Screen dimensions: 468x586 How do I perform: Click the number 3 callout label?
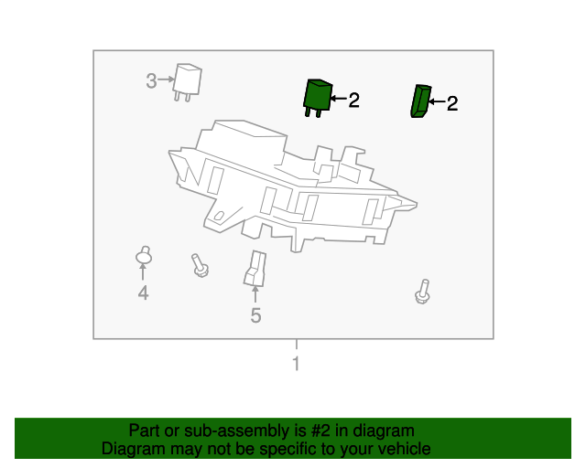click(x=151, y=80)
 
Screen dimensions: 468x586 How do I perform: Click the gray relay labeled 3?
click(x=189, y=81)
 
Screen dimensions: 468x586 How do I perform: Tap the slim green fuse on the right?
click(x=419, y=101)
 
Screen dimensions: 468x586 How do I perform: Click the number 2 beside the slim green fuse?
click(x=451, y=103)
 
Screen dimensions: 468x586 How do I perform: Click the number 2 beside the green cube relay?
click(x=353, y=100)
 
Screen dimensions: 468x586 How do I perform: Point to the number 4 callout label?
click(x=143, y=292)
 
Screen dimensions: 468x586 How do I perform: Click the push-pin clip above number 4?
click(x=143, y=256)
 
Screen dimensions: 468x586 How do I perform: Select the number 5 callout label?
click(x=255, y=316)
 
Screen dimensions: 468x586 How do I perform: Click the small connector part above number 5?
click(x=255, y=269)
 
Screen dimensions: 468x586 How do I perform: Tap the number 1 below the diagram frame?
click(x=295, y=365)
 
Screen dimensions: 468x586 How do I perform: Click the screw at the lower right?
click(x=422, y=292)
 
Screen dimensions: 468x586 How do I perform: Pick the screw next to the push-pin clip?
click(x=200, y=265)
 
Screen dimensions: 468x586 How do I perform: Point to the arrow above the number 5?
click(x=255, y=294)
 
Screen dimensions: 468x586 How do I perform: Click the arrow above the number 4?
click(x=143, y=273)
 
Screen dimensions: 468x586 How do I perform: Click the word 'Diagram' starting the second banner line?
click(x=130, y=449)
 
